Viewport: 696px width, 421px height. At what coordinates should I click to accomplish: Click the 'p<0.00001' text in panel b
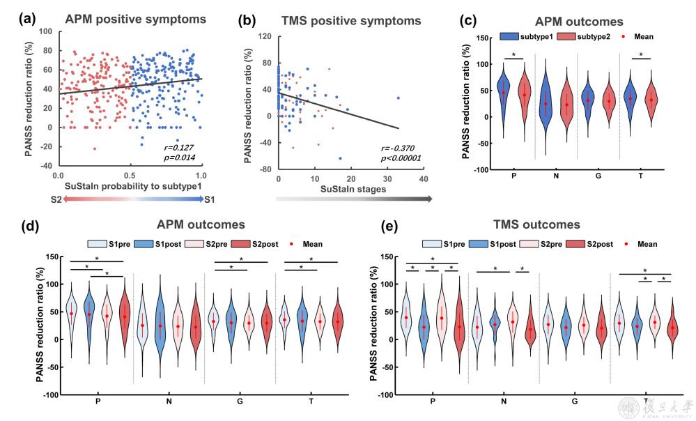coord(399,160)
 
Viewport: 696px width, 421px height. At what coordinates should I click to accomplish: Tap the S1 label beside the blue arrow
coord(210,199)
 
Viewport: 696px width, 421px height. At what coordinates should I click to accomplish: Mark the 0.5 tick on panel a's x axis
coord(129,174)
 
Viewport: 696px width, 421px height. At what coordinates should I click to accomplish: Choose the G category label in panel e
coord(575,402)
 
